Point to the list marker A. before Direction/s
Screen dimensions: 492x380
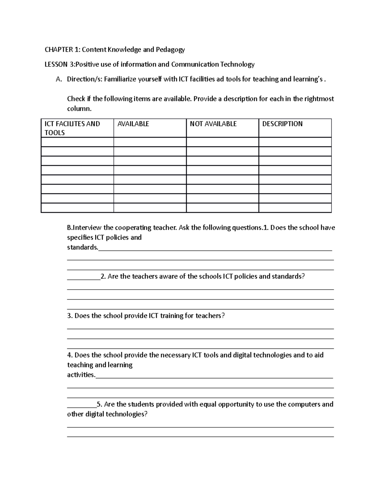click(x=58, y=79)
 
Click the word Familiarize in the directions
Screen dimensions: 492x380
click(x=120, y=79)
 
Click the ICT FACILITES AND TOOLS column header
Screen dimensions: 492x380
click(x=72, y=128)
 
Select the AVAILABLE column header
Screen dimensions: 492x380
click(x=133, y=124)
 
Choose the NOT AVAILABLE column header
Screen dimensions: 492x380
click(x=213, y=124)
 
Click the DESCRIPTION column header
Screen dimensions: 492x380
click(x=282, y=124)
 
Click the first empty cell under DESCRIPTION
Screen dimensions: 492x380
click(x=295, y=142)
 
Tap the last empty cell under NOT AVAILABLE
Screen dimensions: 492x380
click(x=222, y=208)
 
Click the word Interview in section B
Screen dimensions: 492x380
click(x=88, y=228)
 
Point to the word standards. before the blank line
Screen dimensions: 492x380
click(x=82, y=247)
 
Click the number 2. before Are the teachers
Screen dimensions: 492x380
click(x=103, y=277)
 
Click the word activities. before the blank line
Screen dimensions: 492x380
click(x=81, y=375)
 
